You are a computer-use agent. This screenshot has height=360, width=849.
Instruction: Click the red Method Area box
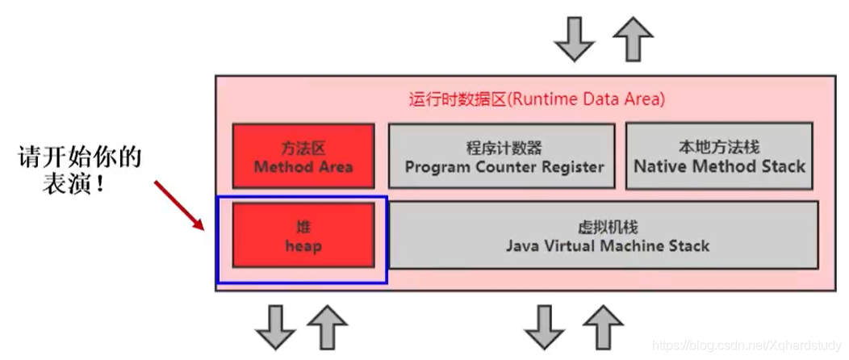[x=303, y=157]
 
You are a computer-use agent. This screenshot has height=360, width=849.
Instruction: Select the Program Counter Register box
[x=504, y=157]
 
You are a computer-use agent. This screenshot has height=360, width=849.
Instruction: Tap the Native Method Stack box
[x=719, y=157]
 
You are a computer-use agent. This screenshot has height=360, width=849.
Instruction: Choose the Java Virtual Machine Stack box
[x=604, y=235]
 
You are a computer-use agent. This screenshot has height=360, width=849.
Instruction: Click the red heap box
[x=303, y=235]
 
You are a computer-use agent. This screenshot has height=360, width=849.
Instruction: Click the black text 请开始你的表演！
[x=79, y=170]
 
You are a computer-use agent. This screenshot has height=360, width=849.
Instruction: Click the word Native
[x=659, y=167]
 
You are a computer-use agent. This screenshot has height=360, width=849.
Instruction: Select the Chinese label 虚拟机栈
[x=604, y=227]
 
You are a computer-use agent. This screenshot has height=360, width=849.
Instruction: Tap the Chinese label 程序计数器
[x=504, y=148]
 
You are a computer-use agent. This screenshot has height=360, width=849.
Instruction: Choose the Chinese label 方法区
[x=303, y=148]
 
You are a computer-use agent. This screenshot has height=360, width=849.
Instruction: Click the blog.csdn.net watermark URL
[x=747, y=345]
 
